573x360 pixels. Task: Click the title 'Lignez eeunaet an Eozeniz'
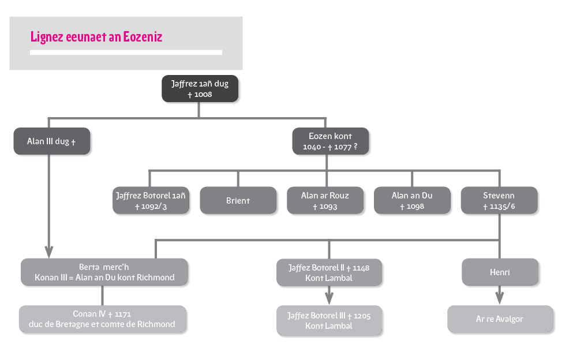[96, 37]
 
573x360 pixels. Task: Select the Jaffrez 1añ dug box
[200, 88]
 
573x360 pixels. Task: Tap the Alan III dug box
[52, 141]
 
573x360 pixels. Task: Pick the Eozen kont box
[330, 141]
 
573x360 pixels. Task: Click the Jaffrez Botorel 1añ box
[151, 200]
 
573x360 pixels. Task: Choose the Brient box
[238, 200]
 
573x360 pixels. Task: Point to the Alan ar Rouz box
[325, 200]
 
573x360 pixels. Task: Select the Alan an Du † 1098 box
[412, 200]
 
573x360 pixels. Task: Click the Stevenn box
[499, 200]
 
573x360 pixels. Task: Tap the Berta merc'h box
[104, 272]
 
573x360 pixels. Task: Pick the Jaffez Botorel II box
[329, 273]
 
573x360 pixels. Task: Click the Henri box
[500, 272]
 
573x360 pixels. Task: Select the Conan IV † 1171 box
[102, 319]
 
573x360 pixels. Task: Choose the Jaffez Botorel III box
[329, 321]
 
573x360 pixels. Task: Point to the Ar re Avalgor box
[500, 319]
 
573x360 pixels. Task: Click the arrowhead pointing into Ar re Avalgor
[500, 298]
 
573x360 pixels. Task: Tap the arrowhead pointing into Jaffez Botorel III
[329, 298]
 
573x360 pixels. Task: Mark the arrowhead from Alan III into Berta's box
[49, 252]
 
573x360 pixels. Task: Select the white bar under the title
[126, 52]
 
